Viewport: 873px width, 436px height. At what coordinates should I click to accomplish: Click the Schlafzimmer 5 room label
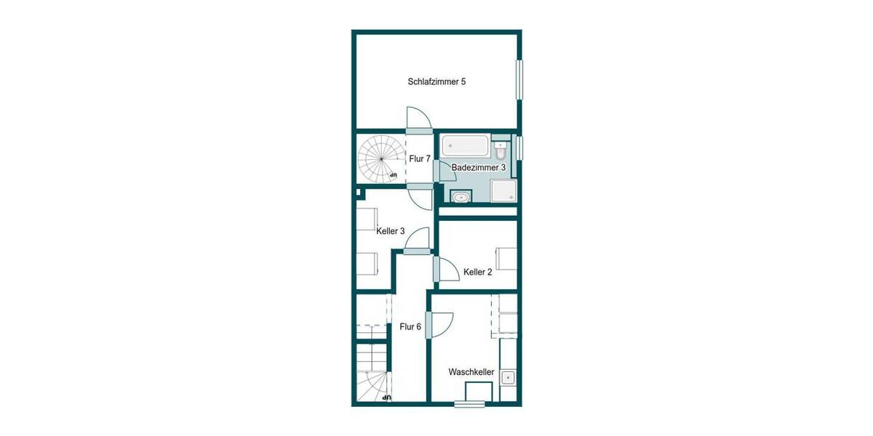point(436,82)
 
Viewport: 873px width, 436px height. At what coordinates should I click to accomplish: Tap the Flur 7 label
point(420,158)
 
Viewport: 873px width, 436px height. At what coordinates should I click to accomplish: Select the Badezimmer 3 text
point(479,168)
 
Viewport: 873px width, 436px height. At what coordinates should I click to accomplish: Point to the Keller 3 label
point(391,231)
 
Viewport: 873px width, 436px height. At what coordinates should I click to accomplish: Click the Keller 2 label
point(478,272)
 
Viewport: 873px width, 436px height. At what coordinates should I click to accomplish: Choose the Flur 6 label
point(410,327)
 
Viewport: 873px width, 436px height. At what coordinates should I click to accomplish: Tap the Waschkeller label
point(471,372)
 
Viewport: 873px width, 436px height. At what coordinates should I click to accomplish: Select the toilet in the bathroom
point(501,151)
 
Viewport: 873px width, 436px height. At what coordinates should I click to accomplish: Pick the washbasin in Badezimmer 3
point(460,196)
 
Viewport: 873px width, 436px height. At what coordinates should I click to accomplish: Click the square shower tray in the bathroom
point(504,190)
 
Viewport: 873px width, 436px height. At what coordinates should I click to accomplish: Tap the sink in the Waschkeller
point(508,377)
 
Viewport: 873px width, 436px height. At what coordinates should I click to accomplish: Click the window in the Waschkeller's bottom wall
point(470,404)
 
